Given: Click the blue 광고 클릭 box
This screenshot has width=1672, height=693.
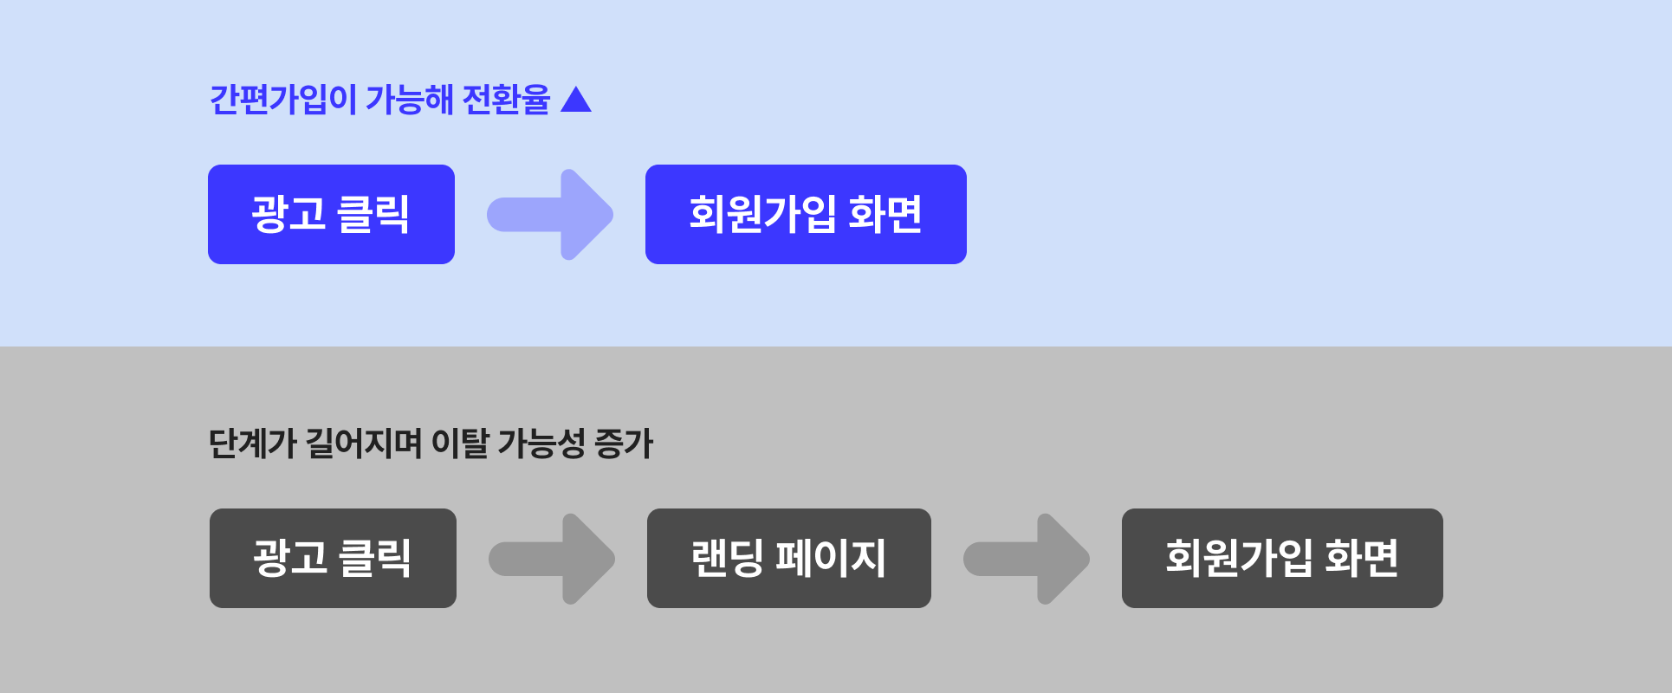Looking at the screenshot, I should click(331, 214).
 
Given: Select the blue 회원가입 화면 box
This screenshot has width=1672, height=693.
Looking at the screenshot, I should click(806, 214).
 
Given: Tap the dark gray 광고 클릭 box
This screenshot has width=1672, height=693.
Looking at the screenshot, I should click(333, 558).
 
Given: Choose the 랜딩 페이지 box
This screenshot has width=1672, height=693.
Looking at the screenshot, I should click(788, 558).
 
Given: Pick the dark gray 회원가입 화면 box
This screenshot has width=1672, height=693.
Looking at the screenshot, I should click(1282, 558).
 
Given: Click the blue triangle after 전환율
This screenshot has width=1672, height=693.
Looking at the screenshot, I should click(576, 100).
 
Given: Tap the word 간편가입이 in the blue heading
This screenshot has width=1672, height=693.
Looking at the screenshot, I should click(282, 100).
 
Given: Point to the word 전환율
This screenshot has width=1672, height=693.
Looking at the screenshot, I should click(506, 100).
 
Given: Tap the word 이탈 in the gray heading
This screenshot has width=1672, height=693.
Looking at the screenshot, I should click(460, 444).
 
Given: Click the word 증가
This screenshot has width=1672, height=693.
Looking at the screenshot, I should click(624, 444).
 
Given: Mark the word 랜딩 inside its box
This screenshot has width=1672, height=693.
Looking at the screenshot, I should click(726, 558).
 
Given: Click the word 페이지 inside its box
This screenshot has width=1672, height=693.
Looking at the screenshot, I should click(830, 558).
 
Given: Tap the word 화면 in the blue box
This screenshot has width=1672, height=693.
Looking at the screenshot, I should click(885, 214).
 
